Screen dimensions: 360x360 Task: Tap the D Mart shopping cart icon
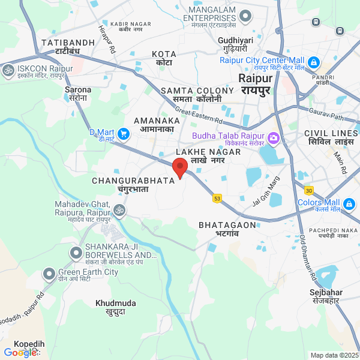(x=124, y=134)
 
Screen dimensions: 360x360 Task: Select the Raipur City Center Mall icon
(x=313, y=62)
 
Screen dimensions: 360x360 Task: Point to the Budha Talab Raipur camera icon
(x=274, y=138)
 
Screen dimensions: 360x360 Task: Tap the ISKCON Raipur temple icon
(x=8, y=70)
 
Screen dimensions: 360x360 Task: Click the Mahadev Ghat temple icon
(x=119, y=210)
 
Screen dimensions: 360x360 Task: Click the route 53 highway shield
(x=217, y=198)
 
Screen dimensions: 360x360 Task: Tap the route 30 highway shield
(x=308, y=190)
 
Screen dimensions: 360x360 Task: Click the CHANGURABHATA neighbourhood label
(x=133, y=180)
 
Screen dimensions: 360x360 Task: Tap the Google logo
(x=20, y=353)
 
